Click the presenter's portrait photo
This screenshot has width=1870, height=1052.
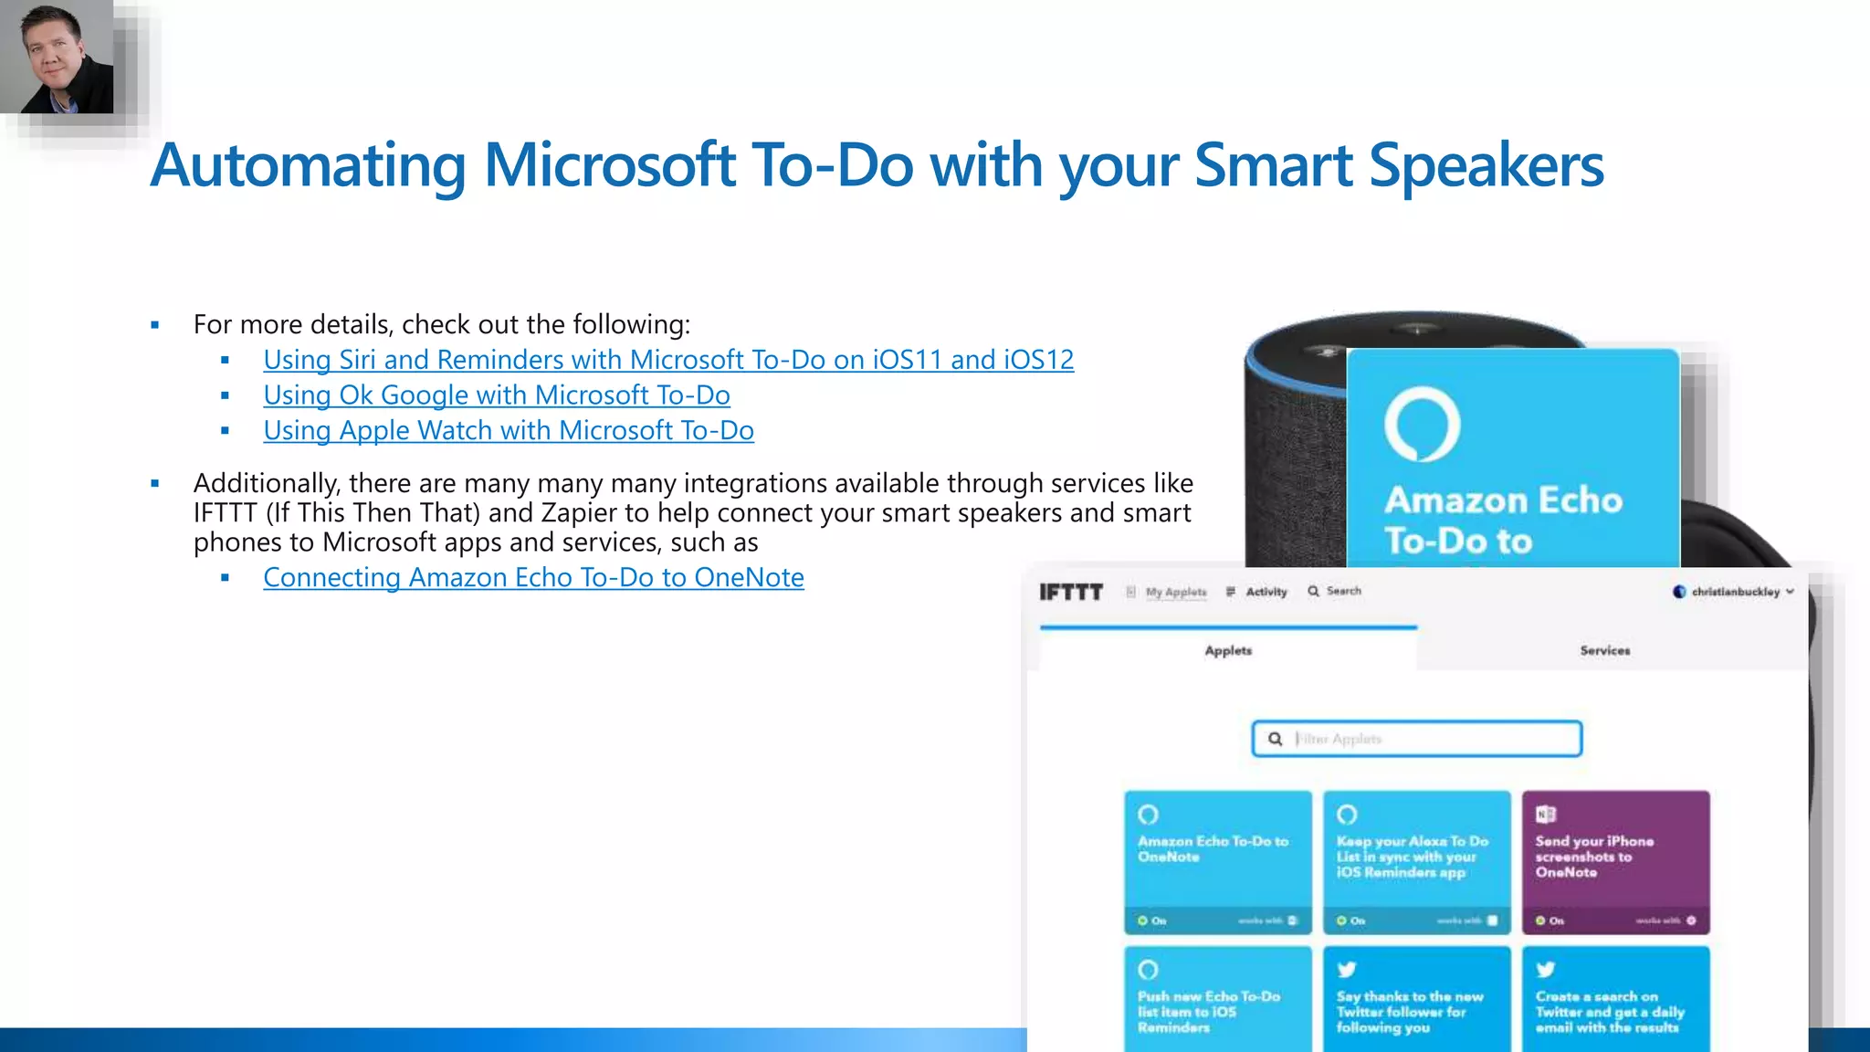point(57,57)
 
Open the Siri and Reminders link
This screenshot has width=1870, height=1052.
point(667,360)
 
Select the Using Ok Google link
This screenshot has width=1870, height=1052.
point(496,395)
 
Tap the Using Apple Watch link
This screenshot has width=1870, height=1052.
point(508,431)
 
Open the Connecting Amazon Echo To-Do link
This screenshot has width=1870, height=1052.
point(533,578)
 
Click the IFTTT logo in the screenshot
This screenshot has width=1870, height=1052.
point(1071,592)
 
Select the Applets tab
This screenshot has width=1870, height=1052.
point(1228,650)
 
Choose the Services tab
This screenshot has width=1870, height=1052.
point(1604,650)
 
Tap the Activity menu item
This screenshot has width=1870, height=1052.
point(1266,592)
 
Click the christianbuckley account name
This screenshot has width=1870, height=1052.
point(1735,592)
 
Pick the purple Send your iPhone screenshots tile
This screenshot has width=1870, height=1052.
point(1614,861)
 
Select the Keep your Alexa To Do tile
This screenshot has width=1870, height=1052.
point(1416,861)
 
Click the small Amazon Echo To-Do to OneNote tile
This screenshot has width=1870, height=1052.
point(1217,861)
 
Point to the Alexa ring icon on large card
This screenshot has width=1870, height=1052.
point(1422,425)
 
